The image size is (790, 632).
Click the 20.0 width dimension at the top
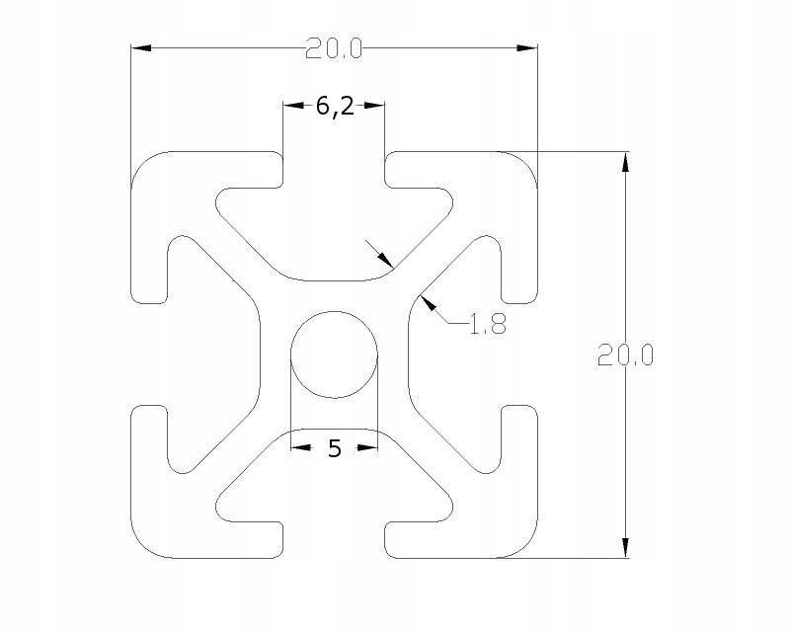[334, 49]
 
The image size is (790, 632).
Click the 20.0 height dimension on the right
[625, 355]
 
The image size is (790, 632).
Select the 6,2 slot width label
[335, 107]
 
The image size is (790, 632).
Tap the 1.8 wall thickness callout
[487, 324]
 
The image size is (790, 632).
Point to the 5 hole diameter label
[335, 448]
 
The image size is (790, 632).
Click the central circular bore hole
[335, 355]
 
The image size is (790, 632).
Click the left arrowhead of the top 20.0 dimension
[141, 47]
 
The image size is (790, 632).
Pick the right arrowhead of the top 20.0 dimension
[527, 47]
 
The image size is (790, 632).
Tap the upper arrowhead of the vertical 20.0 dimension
[625, 161]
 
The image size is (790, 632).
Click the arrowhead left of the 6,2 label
[293, 106]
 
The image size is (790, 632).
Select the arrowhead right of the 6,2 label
[374, 106]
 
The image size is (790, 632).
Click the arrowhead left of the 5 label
[301, 447]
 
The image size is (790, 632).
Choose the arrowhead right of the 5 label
[367, 447]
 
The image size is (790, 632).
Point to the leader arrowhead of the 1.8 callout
[428, 303]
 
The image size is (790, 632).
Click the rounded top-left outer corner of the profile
[142, 163]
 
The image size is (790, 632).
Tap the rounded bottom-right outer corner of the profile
[526, 547]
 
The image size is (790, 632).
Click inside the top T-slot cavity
[334, 227]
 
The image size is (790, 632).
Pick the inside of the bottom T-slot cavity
[334, 484]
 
